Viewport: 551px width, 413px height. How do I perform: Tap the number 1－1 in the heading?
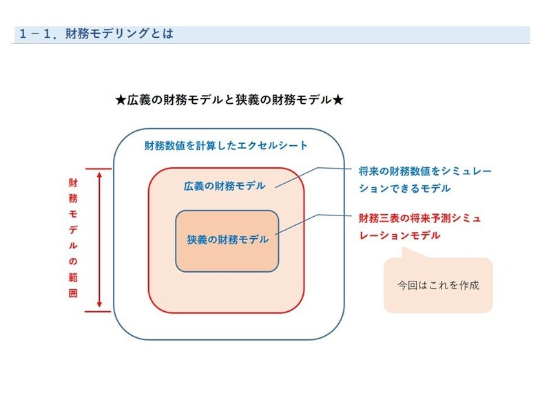coord(38,34)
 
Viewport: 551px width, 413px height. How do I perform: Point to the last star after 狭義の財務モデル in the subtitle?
coord(337,100)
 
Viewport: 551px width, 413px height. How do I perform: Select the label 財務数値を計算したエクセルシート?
coord(226,146)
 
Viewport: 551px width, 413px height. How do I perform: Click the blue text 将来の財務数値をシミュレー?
coord(426,171)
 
